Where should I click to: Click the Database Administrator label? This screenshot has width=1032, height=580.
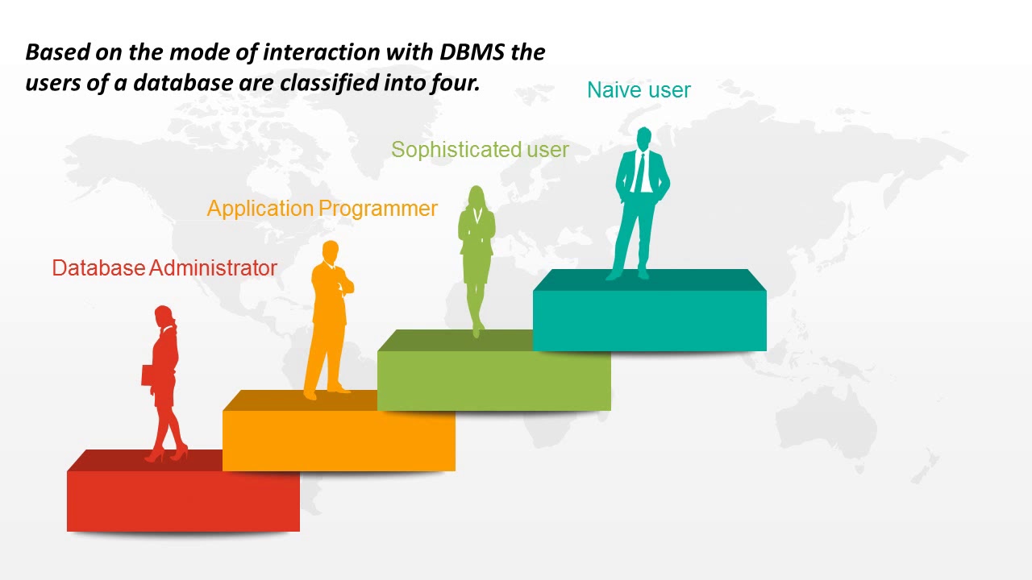[x=164, y=268]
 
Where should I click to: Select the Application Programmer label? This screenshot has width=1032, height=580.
[x=322, y=209]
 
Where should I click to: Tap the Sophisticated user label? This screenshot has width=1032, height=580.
[x=480, y=150]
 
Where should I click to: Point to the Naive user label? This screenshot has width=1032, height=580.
[x=639, y=90]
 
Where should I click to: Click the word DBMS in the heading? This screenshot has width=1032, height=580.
[x=474, y=52]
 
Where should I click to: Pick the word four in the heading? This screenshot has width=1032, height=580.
[x=457, y=83]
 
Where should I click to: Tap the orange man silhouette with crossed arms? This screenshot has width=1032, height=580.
[x=329, y=322]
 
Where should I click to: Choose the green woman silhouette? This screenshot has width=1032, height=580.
[x=476, y=258]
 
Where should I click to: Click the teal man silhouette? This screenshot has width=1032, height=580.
[x=642, y=201]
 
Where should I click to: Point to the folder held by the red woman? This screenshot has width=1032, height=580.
[x=148, y=375]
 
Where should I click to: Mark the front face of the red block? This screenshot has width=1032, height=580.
[x=183, y=501]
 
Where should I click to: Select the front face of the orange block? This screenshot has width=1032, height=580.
[x=339, y=441]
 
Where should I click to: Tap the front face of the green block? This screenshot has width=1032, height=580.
[x=493, y=381]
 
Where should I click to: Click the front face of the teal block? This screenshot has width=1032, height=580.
[x=649, y=321]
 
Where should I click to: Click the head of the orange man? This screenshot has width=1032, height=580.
[x=330, y=251]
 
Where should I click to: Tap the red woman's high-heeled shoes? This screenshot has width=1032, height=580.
[x=166, y=455]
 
